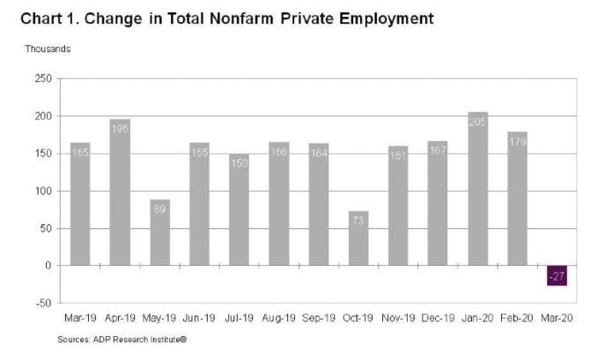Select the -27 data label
click(558, 277)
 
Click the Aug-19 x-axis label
click(279, 318)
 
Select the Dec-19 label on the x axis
click(439, 318)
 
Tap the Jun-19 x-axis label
click(200, 318)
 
